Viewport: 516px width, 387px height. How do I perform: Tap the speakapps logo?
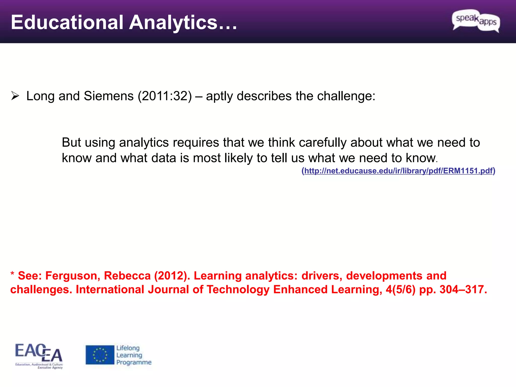pyautogui.click(x=476, y=21)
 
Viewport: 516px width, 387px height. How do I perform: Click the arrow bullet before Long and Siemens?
pyautogui.click(x=15, y=96)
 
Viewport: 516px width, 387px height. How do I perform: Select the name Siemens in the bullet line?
pyautogui.click(x=109, y=96)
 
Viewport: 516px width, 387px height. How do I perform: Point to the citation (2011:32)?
pyautogui.click(x=165, y=96)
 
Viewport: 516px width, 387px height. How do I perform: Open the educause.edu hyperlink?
pyautogui.click(x=398, y=171)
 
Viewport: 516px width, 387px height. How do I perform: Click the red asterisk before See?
pyautogui.click(x=12, y=274)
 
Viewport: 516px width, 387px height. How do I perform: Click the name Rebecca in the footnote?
pyautogui.click(x=127, y=276)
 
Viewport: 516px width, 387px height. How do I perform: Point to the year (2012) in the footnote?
pyautogui.click(x=172, y=276)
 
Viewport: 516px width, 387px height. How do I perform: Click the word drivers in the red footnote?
pyautogui.click(x=322, y=276)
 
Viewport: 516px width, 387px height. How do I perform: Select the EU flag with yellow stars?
pyautogui.click(x=100, y=355)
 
